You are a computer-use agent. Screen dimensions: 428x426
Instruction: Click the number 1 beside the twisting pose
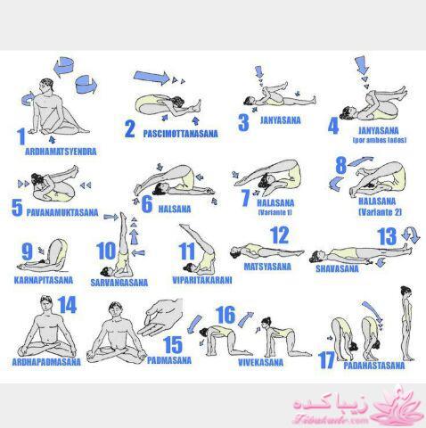[21, 136]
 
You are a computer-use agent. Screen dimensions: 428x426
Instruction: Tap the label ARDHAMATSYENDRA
[61, 152]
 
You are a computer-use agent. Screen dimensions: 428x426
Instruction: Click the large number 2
[130, 129]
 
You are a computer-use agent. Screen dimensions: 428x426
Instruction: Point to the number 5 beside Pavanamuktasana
[16, 208]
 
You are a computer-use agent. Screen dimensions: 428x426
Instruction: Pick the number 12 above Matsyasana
[280, 235]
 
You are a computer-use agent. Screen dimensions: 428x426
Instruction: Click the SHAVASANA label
[341, 267]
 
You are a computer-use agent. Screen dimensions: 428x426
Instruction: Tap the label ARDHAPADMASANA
[46, 362]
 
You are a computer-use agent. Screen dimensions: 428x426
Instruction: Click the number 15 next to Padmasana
[173, 344]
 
